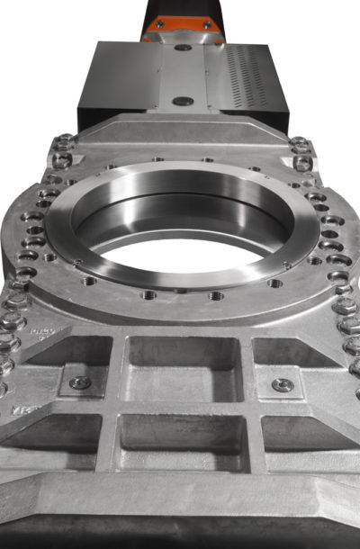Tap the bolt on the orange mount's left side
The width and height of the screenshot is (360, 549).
159,25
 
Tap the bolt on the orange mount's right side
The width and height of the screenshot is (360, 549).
206,26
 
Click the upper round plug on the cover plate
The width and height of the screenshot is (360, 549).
183,47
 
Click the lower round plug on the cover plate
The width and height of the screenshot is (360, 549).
183,102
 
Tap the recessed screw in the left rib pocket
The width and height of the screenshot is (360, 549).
80,382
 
